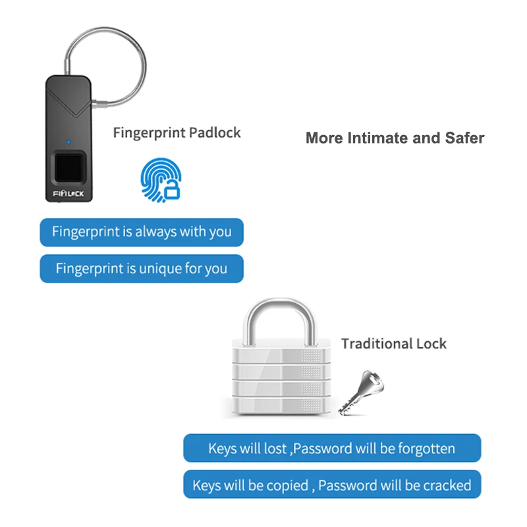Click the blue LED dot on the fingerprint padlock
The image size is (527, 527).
(69, 142)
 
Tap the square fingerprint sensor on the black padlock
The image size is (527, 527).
(69, 168)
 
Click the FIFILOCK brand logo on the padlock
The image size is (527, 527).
(69, 194)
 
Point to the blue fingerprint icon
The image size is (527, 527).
(161, 180)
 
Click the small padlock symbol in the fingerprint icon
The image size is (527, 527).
(172, 190)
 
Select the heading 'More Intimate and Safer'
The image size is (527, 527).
(395, 138)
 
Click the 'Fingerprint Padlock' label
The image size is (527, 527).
(177, 133)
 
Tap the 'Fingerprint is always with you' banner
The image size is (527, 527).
(142, 233)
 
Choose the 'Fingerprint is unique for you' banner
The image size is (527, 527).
(142, 269)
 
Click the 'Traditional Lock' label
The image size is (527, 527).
(394, 343)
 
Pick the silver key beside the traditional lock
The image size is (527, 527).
(361, 393)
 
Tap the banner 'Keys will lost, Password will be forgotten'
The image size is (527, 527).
(332, 448)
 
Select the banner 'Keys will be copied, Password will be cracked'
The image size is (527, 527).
(332, 484)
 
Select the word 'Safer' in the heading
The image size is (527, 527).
(465, 138)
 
